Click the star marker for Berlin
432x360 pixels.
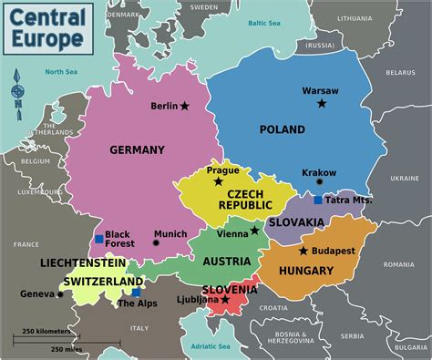185,107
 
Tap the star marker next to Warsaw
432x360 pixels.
322,104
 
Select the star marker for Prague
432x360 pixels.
218,181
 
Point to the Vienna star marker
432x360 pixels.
254,231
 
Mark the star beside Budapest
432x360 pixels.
303,251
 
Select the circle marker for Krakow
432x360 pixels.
319,182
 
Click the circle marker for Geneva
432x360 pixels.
62,294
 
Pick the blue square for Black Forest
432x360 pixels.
99,240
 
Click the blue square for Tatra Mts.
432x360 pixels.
317,201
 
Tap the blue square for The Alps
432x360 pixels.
136,293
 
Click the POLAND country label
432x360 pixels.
283,129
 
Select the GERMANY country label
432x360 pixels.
137,149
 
